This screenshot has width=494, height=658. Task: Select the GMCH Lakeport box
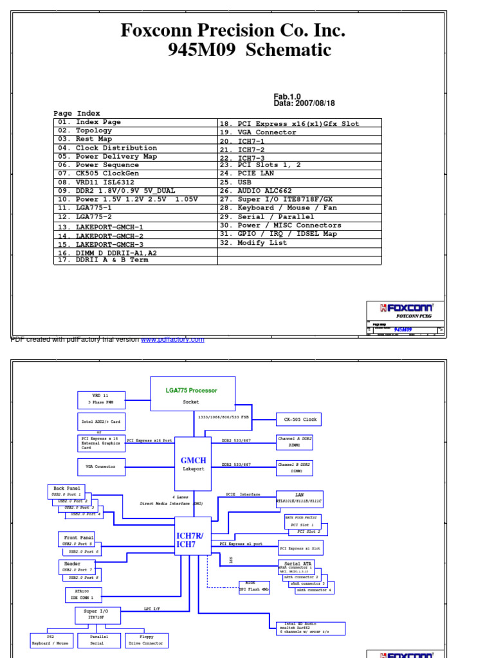point(193,463)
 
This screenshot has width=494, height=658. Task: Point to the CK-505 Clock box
point(298,420)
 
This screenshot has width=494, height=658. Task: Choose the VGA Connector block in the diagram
point(100,467)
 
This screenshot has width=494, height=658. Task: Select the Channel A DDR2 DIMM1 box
point(295,441)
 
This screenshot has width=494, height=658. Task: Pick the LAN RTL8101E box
point(298,497)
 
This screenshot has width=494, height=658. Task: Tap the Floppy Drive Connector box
point(147,639)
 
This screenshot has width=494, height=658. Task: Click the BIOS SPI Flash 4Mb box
point(254,586)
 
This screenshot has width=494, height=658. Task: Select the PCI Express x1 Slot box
point(300,547)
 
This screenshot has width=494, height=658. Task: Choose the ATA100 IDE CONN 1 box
point(83,595)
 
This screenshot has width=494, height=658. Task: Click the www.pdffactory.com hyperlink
point(172,339)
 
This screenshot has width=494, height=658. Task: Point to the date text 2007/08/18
point(313,103)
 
